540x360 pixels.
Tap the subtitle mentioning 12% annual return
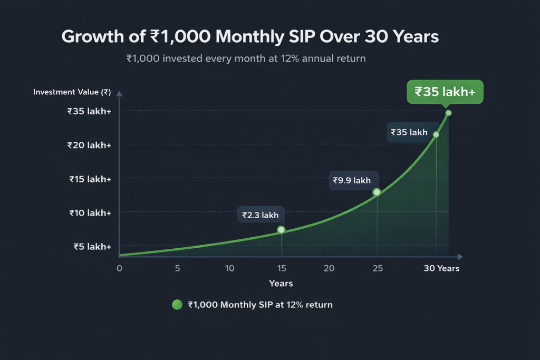246,59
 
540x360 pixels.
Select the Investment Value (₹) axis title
71,92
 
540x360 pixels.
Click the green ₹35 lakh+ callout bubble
445,92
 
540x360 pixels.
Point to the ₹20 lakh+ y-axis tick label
89,145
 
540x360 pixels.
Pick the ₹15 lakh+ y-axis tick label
90,179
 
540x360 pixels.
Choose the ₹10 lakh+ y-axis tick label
90,213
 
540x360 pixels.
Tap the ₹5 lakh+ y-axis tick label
92,247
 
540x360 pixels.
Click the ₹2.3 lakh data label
261,215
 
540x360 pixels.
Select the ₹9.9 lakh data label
352,180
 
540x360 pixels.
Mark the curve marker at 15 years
281,230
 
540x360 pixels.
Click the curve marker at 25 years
377,192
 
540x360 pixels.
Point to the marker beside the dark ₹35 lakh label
436,135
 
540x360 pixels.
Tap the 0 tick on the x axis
119,268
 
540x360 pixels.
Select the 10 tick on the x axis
229,268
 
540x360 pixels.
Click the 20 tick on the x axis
329,268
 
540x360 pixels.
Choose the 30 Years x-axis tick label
441,268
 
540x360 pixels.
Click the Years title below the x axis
281,284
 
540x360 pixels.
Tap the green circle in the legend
177,305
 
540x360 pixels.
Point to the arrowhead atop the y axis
119,94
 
